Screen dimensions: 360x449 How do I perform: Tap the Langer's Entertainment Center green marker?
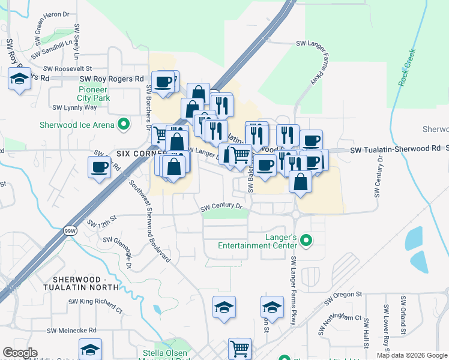306,241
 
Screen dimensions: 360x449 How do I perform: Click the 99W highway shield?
70,230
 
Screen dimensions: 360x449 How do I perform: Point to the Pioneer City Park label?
92,94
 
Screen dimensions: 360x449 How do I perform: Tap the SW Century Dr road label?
221,207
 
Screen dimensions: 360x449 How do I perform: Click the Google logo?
20,353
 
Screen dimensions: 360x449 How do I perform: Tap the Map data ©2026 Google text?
411,355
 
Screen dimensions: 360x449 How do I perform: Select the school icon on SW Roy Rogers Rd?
20,79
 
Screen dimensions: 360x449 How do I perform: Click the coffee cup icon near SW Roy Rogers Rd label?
163,82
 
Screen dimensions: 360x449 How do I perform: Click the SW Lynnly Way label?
74,107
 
